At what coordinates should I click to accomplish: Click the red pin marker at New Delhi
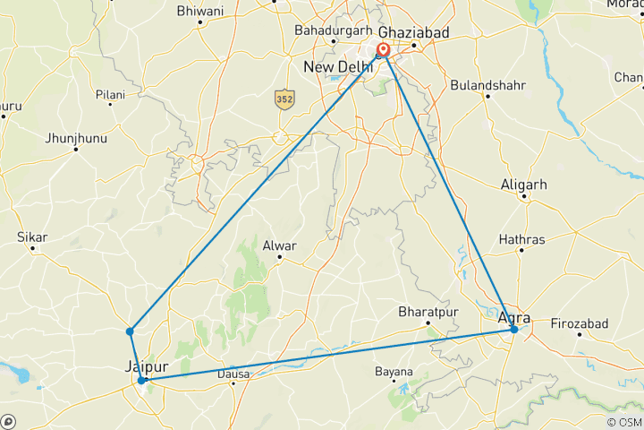[x=384, y=50]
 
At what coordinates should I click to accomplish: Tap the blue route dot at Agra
[x=514, y=330]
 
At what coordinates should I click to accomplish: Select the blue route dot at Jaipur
[x=142, y=380]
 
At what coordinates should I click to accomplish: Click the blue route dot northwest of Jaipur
[x=131, y=331]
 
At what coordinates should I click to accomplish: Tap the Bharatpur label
[x=428, y=312]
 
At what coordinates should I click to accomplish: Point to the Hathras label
[x=521, y=239]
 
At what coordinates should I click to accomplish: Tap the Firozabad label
[x=579, y=322]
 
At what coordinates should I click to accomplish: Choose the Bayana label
[x=394, y=371]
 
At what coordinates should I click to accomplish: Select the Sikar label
[x=32, y=237]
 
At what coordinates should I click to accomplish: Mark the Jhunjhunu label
[x=75, y=138]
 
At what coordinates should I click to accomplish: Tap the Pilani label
[x=111, y=93]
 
